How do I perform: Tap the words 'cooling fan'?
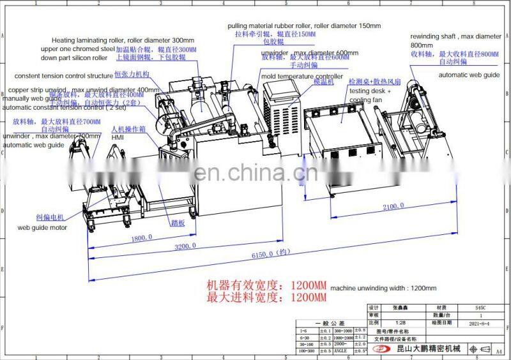pos(366,100)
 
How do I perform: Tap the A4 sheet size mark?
pos(499,350)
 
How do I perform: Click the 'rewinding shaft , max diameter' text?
pos(455,36)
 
